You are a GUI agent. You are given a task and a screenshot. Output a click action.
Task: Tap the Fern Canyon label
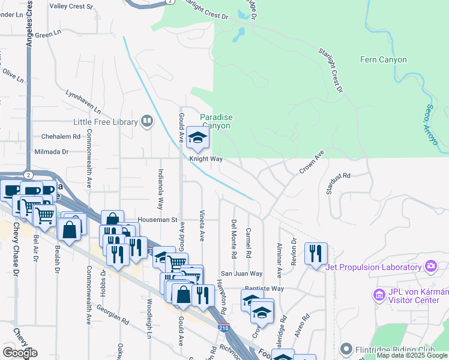pos(383,60)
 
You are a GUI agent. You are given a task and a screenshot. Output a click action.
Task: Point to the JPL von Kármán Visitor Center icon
pos(378,294)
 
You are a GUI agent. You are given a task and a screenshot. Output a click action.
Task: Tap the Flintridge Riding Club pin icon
pos(346,348)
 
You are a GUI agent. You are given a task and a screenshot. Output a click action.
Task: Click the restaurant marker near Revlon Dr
pos(315,254)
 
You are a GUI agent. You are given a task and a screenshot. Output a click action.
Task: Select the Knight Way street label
pos(206,160)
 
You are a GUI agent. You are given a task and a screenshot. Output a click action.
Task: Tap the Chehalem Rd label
pos(61,136)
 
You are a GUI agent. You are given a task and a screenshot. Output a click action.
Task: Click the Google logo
pos(20,353)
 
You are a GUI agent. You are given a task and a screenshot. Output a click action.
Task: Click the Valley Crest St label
pos(71,7)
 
